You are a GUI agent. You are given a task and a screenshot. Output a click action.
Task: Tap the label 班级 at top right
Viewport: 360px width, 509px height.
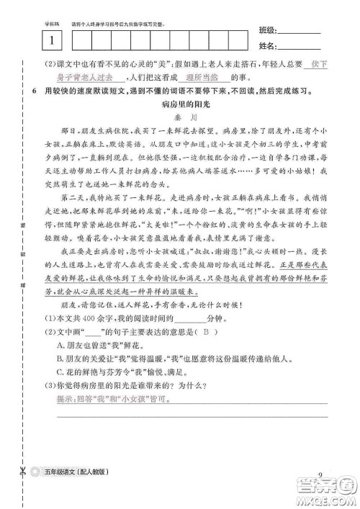[266, 30]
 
